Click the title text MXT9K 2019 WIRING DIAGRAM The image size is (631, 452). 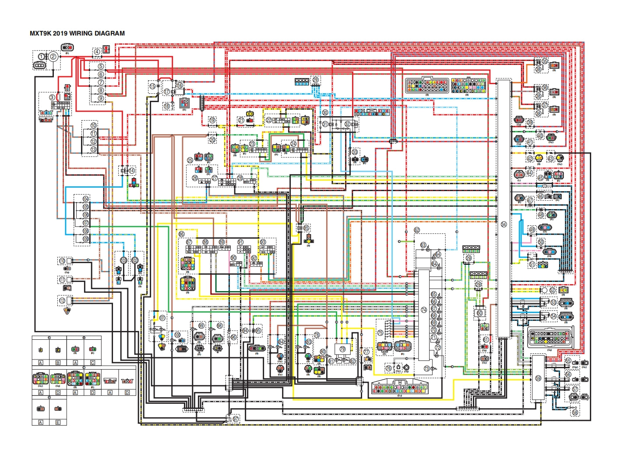pyautogui.click(x=77, y=33)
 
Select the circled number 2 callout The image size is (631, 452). pyautogui.click(x=53, y=56)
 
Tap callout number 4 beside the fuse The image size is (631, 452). pyautogui.click(x=97, y=52)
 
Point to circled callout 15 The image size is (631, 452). pyautogui.click(x=152, y=86)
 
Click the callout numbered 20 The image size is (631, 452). pyautogui.click(x=212, y=140)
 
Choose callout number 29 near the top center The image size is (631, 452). pyautogui.click(x=315, y=80)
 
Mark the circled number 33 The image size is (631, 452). pyautogui.click(x=355, y=152)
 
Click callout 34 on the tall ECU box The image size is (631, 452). pyautogui.click(x=504, y=224)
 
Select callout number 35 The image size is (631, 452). pyautogui.click(x=545, y=61)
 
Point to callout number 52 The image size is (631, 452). pyautogui.click(x=552, y=290)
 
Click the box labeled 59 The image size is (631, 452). pyautogui.click(x=538, y=378)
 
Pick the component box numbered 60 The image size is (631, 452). pyautogui.click(x=479, y=313)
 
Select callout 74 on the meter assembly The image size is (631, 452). pyautogui.click(x=423, y=310)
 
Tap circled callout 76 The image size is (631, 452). pyautogui.click(x=388, y=368)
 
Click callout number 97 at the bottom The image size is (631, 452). pyautogui.click(x=236, y=419)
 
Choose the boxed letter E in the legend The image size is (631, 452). pyautogui.click(x=58, y=422)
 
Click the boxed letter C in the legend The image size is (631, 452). pyautogui.click(x=92, y=363)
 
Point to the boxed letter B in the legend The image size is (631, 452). pyautogui.click(x=58, y=363)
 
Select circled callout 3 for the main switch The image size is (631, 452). pyautogui.click(x=52, y=97)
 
